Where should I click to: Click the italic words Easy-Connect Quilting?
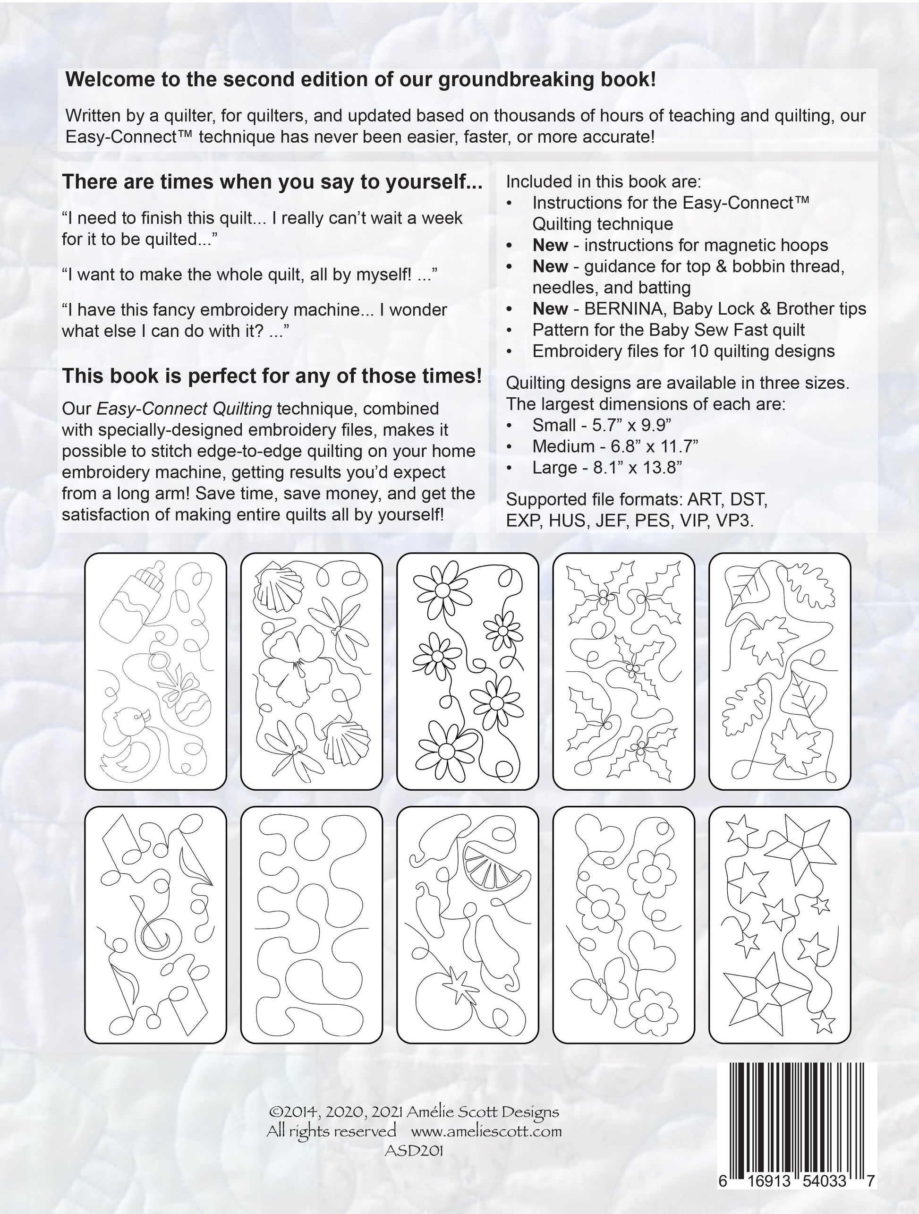click(184, 409)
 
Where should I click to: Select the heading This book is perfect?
click(272, 376)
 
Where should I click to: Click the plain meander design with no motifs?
click(311, 925)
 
